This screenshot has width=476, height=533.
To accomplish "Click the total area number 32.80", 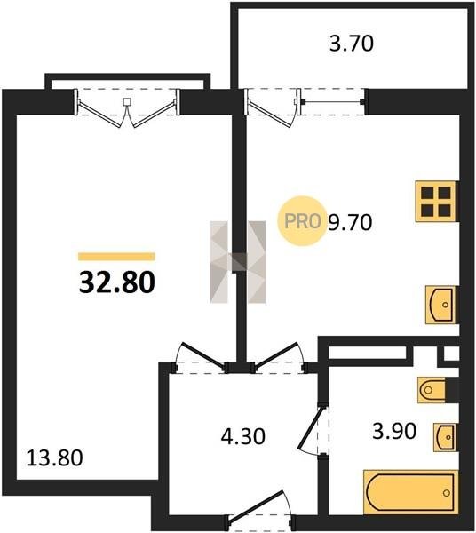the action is pos(117,282).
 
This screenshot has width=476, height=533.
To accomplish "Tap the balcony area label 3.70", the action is pos(352,44).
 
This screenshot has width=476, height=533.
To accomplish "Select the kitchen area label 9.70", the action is pos(350,222).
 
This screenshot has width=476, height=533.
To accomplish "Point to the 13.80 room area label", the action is pos(54,457).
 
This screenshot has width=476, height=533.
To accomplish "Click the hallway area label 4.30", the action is pos(243,436).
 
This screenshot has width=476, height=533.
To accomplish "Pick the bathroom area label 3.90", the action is pos(394,431).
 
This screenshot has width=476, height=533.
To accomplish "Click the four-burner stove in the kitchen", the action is pos(437,202).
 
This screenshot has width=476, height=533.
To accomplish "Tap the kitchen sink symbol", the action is pos(441,305).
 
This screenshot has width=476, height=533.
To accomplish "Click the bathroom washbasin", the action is pos(446,437).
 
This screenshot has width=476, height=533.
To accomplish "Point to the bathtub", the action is pos(411,492).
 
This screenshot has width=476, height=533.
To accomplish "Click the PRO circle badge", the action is pos(302,221).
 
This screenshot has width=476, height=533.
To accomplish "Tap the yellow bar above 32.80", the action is pos(116,257).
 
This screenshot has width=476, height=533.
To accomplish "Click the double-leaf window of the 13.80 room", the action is pos(127,107).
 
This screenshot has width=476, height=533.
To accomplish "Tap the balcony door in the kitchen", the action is pos(271,108).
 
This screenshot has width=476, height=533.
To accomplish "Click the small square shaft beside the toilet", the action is pos(451,354).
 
